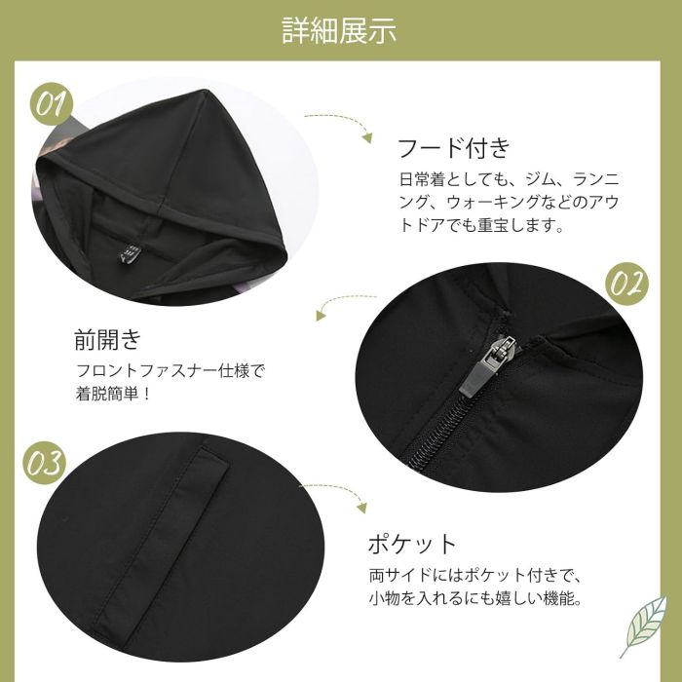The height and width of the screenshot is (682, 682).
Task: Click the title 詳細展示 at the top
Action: (x=339, y=30)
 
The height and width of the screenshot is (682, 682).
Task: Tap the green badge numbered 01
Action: (x=52, y=104)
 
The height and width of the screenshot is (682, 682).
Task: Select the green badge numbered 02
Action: (x=626, y=284)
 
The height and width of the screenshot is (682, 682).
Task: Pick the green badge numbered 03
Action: (x=45, y=463)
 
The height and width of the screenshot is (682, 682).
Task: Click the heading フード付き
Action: (x=454, y=148)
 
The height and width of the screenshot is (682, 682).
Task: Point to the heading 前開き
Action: (x=108, y=339)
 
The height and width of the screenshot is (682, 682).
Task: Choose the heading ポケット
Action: (x=411, y=544)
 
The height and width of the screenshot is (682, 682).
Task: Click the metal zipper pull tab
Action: (x=488, y=365)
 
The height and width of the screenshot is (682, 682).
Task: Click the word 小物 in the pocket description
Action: (x=385, y=598)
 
